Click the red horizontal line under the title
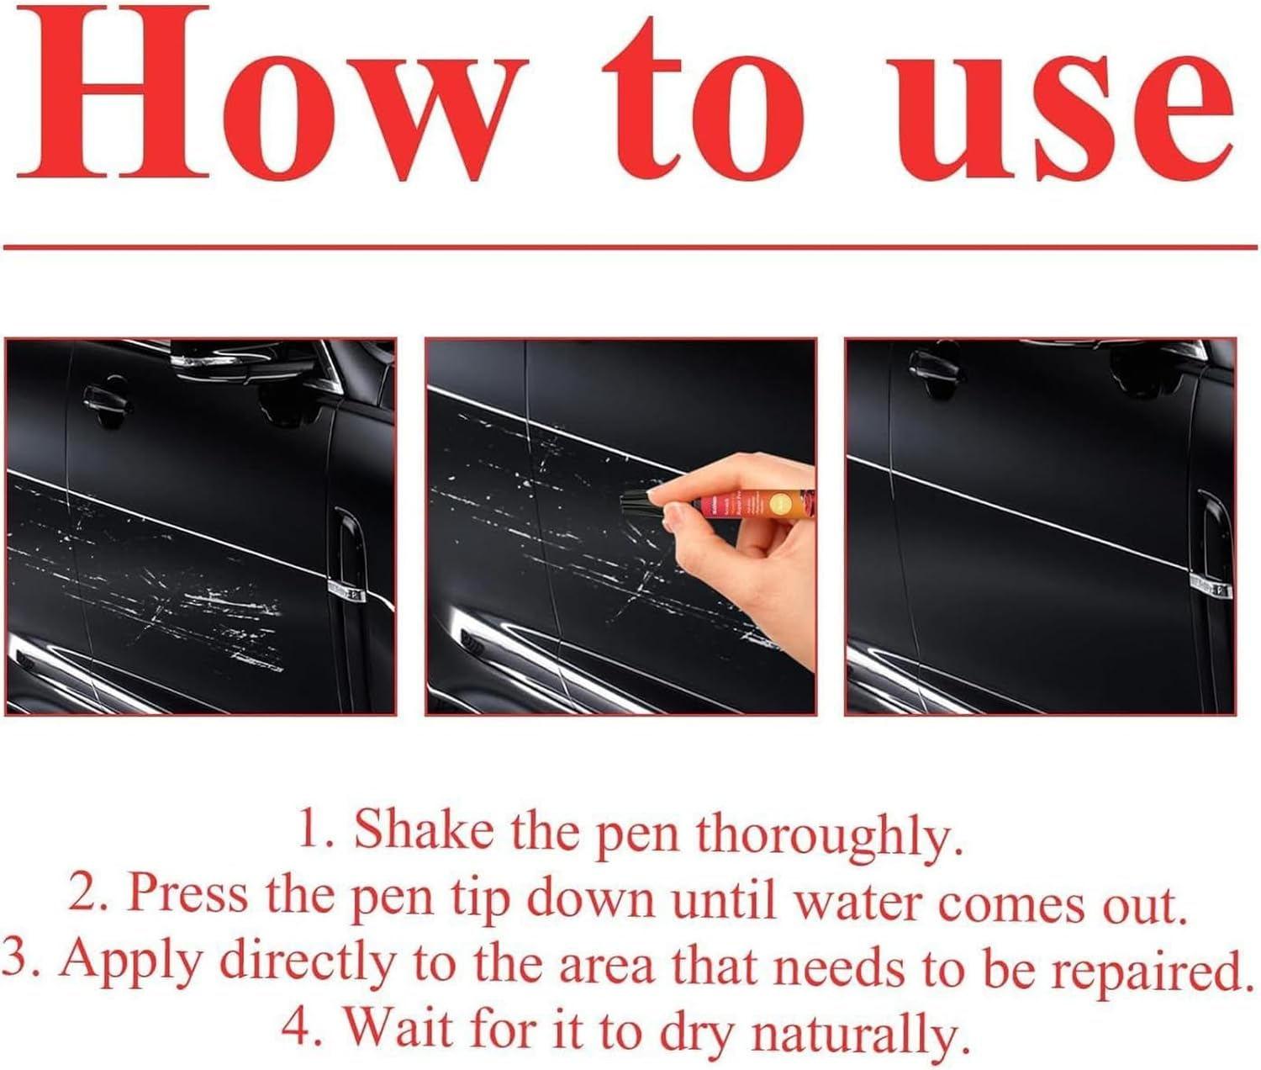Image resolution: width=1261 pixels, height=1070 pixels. (x=630, y=247)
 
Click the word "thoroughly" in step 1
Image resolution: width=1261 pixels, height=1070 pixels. (x=828, y=835)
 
